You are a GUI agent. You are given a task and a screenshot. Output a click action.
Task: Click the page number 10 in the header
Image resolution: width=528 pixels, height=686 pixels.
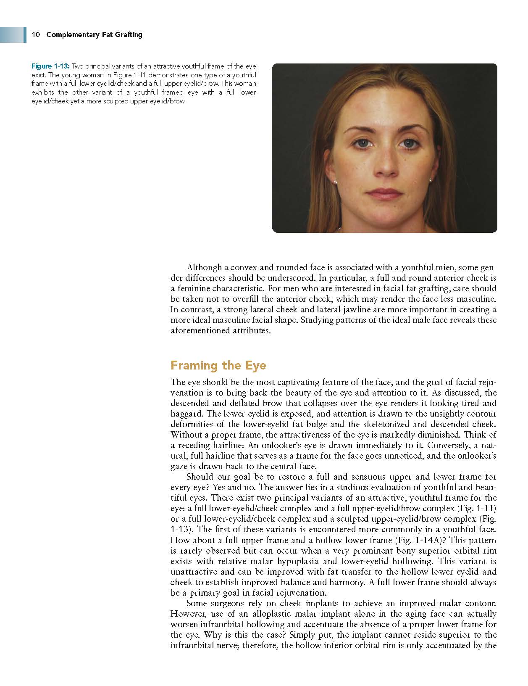[x=35, y=34]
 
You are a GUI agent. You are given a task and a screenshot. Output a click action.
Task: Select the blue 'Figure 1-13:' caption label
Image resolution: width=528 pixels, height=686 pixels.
[x=50, y=66]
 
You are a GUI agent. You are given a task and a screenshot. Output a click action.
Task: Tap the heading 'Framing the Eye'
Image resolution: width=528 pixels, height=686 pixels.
[x=218, y=365]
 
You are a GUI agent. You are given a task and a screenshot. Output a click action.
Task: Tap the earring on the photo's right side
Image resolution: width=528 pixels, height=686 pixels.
[x=431, y=179]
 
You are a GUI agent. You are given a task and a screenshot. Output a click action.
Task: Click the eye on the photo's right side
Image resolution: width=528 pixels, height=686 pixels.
[x=407, y=143]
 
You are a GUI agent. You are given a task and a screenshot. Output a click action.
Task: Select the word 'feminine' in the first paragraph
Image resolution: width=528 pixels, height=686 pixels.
[x=194, y=289]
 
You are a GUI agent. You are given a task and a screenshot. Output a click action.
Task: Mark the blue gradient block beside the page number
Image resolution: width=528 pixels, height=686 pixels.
[x=13, y=34]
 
